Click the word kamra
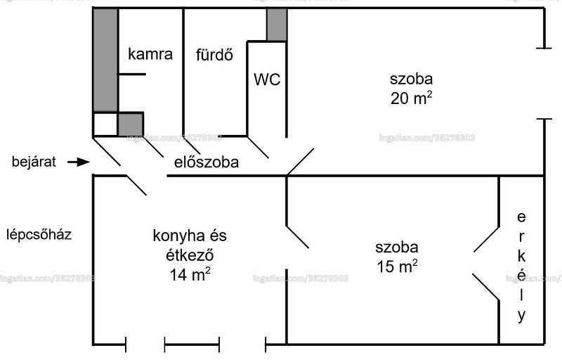point(150,54)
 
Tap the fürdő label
point(214,55)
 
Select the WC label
point(267,79)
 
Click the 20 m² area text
point(411,98)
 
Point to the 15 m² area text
point(397,266)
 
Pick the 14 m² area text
point(190,275)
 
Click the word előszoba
point(207,162)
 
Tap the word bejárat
point(34,162)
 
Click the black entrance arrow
point(79,162)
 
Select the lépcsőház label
point(39,235)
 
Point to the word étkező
point(190,255)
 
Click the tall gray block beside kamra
point(105,60)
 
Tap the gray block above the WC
point(277,25)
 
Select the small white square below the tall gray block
point(105,124)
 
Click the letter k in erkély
point(521,256)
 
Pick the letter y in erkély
point(521,316)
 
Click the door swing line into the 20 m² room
point(301,162)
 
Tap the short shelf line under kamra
point(132,75)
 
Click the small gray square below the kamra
point(131,124)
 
